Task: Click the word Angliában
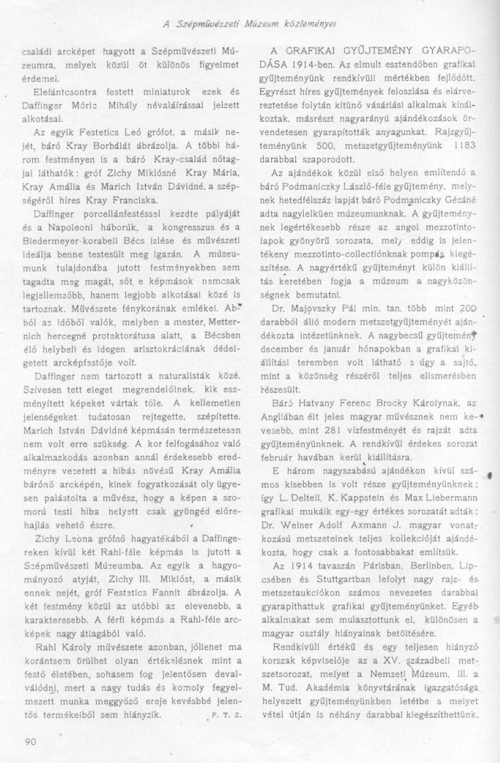(294, 418)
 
